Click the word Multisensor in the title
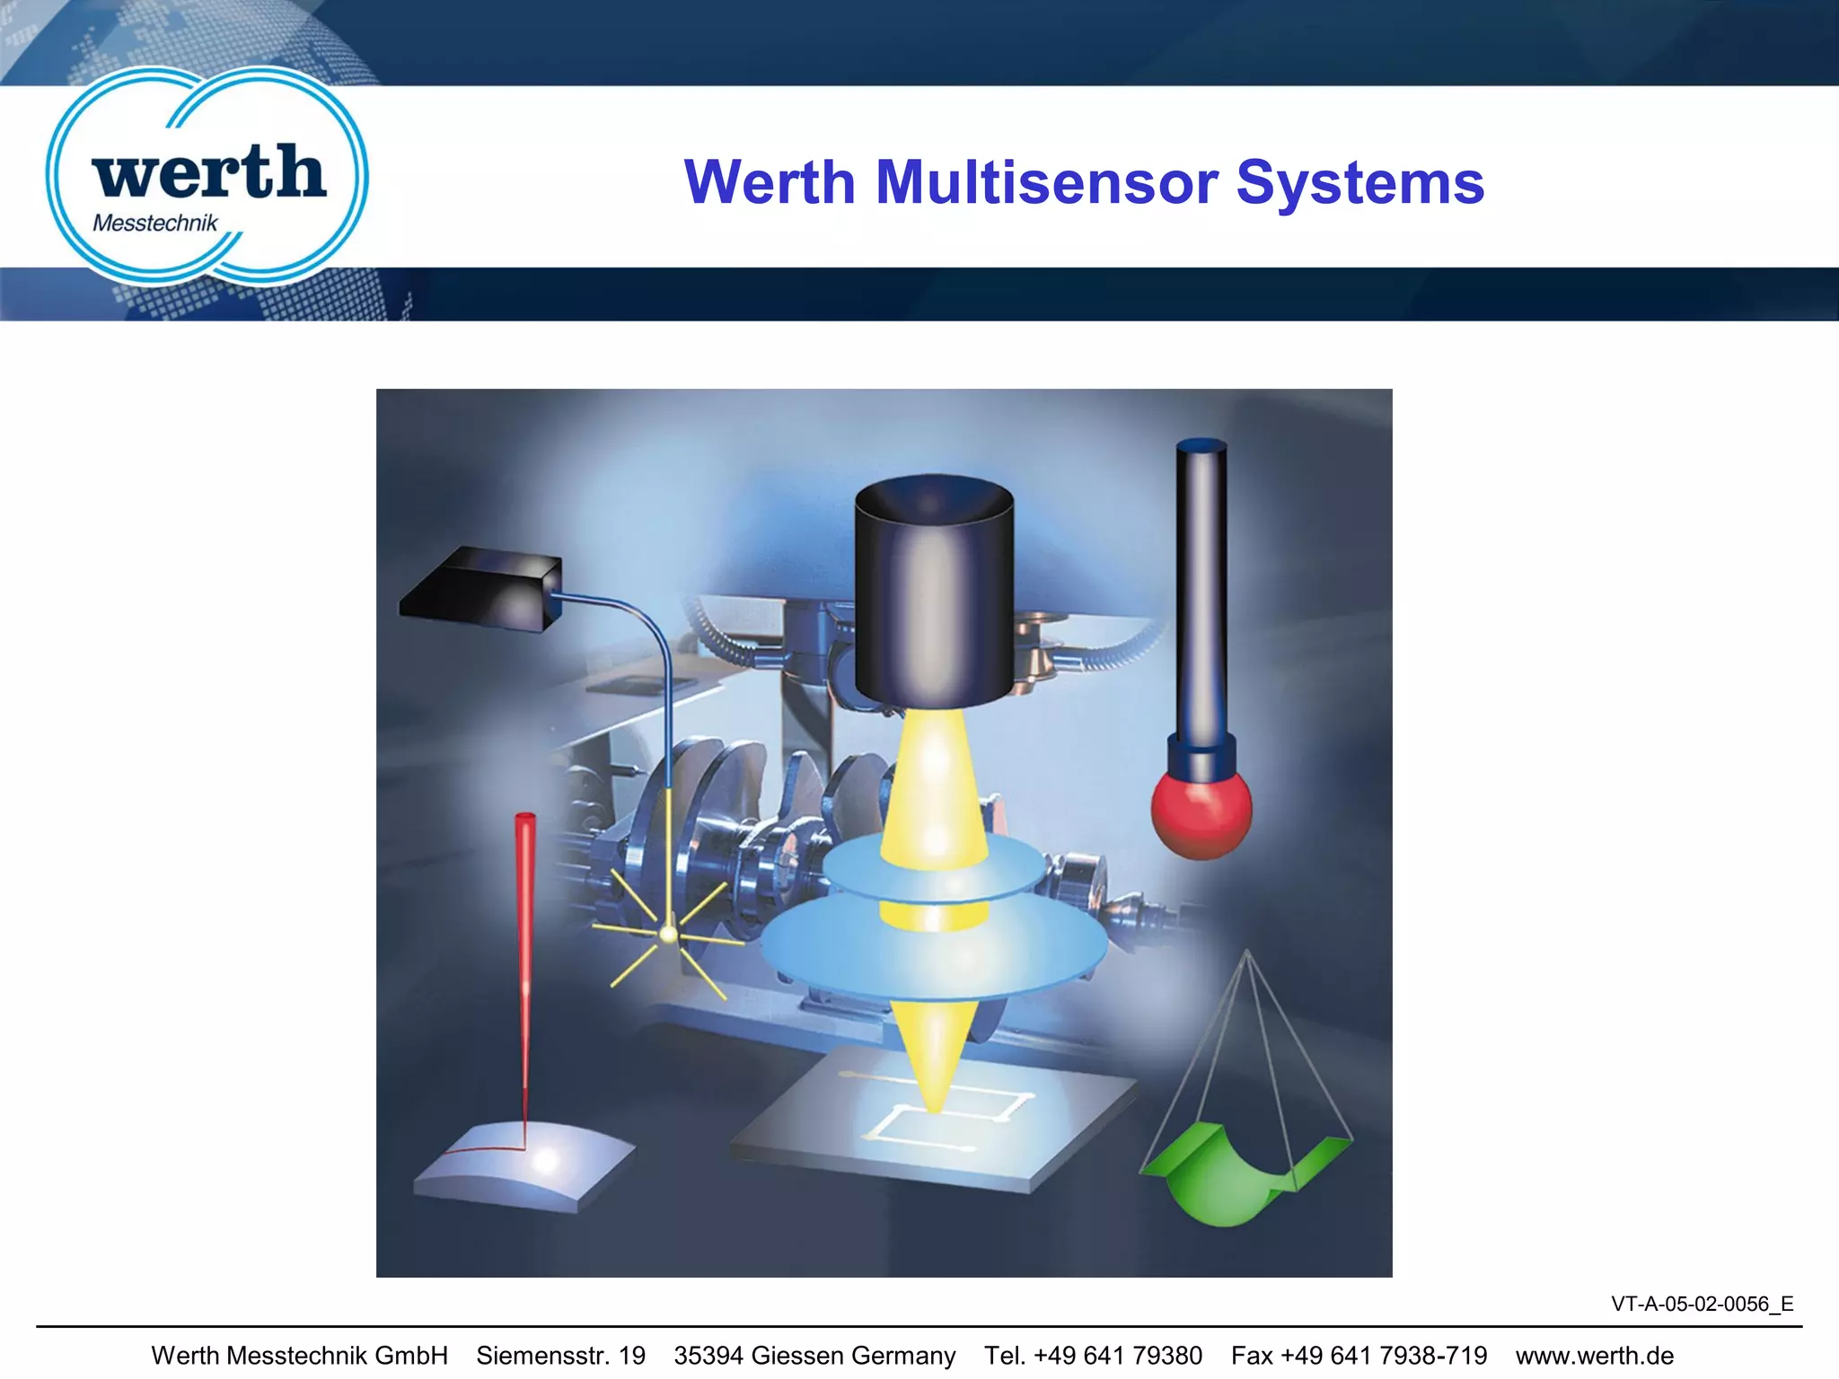pyautogui.click(x=1046, y=183)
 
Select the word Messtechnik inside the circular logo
pyautogui.click(x=155, y=224)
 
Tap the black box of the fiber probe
pyautogui.click(x=480, y=588)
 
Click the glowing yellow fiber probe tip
pyautogui.click(x=668, y=935)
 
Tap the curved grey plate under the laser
pyautogui.click(x=525, y=1167)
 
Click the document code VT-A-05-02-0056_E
pyautogui.click(x=1702, y=1304)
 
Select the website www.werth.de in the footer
pyautogui.click(x=1594, y=1356)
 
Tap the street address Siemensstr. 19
pyautogui.click(x=560, y=1356)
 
